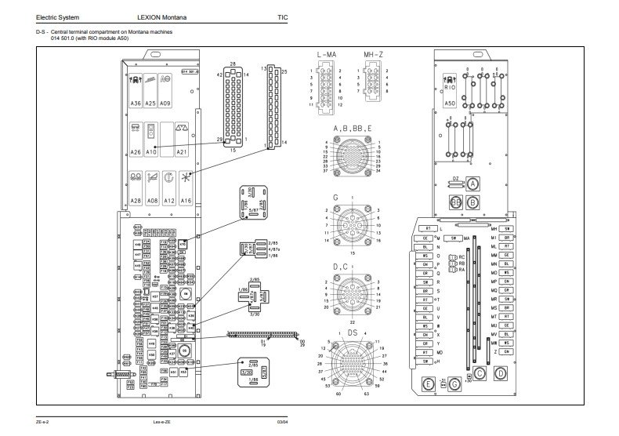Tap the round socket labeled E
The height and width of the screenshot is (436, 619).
point(428,384)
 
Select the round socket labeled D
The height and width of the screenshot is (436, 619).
point(501,375)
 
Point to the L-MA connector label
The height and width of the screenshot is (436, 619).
point(327,54)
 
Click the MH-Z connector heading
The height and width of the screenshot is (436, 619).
point(373,54)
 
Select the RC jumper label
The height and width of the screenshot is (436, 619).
point(462,256)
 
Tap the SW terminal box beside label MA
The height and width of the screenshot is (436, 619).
point(453,237)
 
